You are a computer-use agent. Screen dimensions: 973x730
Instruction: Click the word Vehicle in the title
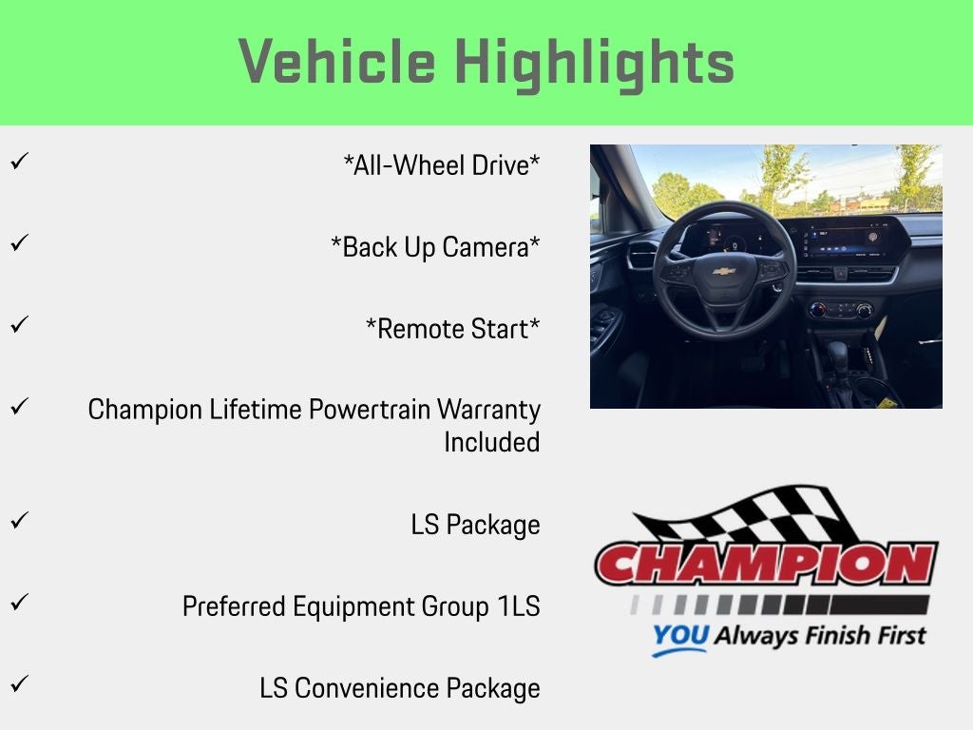click(x=337, y=61)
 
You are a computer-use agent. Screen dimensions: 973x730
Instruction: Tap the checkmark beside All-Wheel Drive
click(x=20, y=162)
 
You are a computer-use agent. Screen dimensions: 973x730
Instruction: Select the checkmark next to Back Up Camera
click(x=20, y=242)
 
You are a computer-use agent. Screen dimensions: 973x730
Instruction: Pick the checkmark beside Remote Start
click(x=20, y=325)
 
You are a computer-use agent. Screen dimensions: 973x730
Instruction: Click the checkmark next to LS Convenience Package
click(x=20, y=684)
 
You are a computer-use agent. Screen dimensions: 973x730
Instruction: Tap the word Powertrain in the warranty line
click(x=370, y=410)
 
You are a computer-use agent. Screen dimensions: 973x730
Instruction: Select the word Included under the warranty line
click(x=492, y=443)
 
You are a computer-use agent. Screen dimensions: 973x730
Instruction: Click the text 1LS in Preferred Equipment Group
click(x=519, y=606)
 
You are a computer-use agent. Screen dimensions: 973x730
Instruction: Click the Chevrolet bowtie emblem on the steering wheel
click(x=724, y=271)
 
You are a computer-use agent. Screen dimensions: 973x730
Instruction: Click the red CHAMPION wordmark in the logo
click(x=766, y=564)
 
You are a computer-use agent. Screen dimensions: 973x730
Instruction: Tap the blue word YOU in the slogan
click(x=680, y=636)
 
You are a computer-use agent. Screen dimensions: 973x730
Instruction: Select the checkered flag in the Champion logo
click(x=745, y=515)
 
